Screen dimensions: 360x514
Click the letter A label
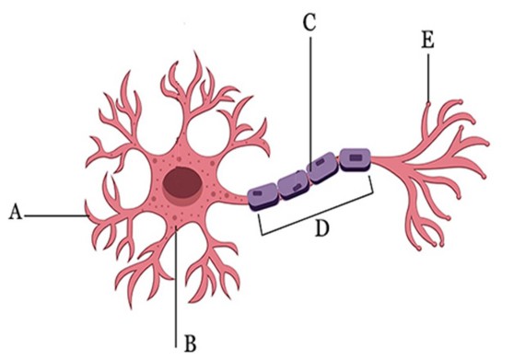pyautogui.click(x=14, y=213)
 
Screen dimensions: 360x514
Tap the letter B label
pyautogui.click(x=190, y=344)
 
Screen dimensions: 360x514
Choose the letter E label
pyautogui.click(x=426, y=41)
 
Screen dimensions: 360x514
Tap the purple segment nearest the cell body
pyautogui.click(x=265, y=192)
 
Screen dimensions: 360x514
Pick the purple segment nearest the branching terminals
pyautogui.click(x=354, y=159)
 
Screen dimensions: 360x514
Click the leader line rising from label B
pyautogui.click(x=173, y=276)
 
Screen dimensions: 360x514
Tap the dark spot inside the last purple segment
pyautogui.click(x=355, y=159)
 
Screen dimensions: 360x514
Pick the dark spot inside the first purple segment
pyautogui.click(x=265, y=193)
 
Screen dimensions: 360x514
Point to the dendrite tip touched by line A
pyautogui.click(x=88, y=215)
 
